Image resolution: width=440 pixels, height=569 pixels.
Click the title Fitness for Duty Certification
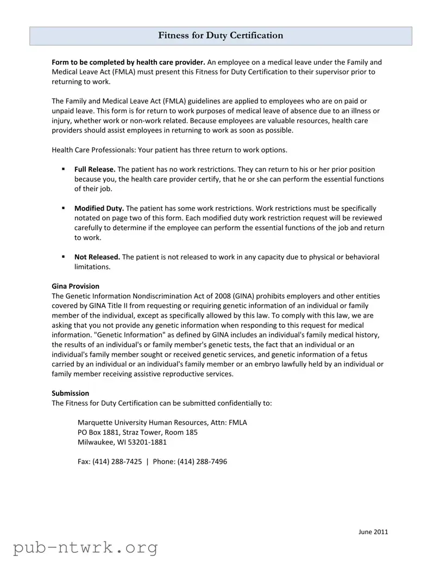pyautogui.click(x=221, y=36)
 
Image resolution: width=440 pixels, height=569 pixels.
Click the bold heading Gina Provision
pyautogui.click(x=76, y=286)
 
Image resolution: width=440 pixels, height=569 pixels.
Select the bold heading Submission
pyautogui.click(x=71, y=393)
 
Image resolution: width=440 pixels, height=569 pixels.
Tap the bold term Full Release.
pyautogui.click(x=95, y=169)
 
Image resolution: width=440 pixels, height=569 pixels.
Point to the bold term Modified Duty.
pyautogui.click(x=99, y=208)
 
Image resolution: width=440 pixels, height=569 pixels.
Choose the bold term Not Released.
pyautogui.click(x=97, y=257)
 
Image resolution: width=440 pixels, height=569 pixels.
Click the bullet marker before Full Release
pyautogui.click(x=64, y=169)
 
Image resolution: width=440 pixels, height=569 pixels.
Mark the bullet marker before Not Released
pyautogui.click(x=64, y=257)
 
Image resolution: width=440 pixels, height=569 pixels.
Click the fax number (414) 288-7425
pyautogui.click(x=117, y=462)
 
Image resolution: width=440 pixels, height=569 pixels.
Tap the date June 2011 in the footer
pyautogui.click(x=373, y=532)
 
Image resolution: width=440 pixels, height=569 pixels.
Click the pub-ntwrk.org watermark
pyautogui.click(x=85, y=547)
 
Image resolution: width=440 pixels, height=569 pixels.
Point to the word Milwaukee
pyautogui.click(x=95, y=442)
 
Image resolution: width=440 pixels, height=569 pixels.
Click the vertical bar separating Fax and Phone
pyautogui.click(x=147, y=462)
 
